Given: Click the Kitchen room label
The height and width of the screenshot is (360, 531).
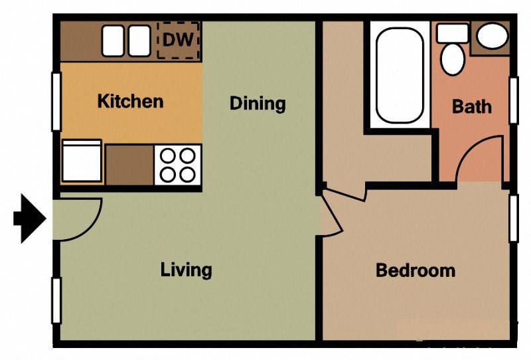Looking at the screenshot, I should click(x=130, y=101).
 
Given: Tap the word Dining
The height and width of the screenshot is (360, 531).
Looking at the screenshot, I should click(x=258, y=104).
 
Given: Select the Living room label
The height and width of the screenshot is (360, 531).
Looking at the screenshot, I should click(x=186, y=270).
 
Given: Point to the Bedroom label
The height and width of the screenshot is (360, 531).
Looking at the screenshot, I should click(x=416, y=270).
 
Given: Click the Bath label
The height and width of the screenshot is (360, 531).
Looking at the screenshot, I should click(x=472, y=106).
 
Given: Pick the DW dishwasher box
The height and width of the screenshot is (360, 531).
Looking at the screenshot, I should click(x=179, y=41).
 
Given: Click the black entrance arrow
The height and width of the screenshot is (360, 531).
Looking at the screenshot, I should click(x=29, y=218).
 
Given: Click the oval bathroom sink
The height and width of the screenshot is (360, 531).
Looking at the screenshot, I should click(x=493, y=36).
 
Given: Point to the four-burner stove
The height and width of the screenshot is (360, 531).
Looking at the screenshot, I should click(x=178, y=165).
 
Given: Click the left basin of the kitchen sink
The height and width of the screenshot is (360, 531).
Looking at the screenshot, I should click(x=113, y=41).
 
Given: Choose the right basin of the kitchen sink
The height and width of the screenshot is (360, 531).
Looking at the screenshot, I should click(x=139, y=41).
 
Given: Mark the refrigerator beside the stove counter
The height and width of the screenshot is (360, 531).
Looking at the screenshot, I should click(x=81, y=162).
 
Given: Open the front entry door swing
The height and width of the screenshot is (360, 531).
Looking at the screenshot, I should click(x=74, y=217).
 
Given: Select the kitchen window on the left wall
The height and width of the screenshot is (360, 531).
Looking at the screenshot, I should click(x=56, y=101).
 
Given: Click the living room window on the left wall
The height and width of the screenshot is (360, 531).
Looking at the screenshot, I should click(x=56, y=300).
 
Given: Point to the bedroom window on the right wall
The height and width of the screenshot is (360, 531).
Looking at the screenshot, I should click(x=512, y=218).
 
